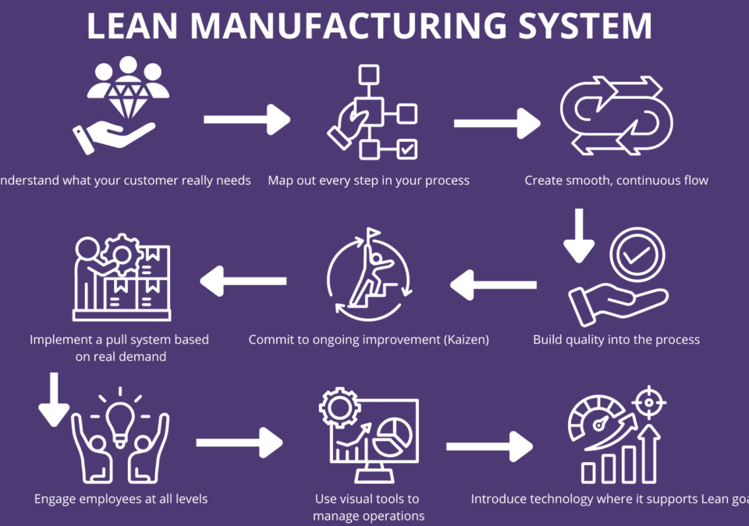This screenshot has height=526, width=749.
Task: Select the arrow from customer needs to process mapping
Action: coord(247,120)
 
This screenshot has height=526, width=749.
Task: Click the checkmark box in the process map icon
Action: coord(407,148)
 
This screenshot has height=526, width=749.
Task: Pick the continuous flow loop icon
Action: coord(616,115)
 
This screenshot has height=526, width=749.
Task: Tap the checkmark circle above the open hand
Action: coord(637,254)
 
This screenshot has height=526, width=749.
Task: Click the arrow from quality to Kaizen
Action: coord(494,284)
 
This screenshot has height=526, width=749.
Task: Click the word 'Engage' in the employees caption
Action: coord(55,499)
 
